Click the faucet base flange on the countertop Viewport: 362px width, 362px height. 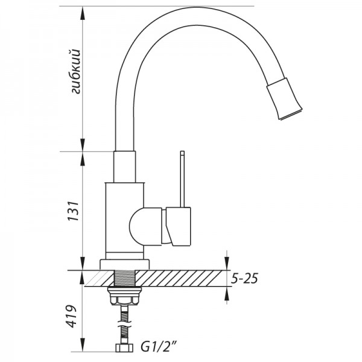click(125, 264)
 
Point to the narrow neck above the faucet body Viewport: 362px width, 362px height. click(125, 166)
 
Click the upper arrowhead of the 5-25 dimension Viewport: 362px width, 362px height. click(226, 265)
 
